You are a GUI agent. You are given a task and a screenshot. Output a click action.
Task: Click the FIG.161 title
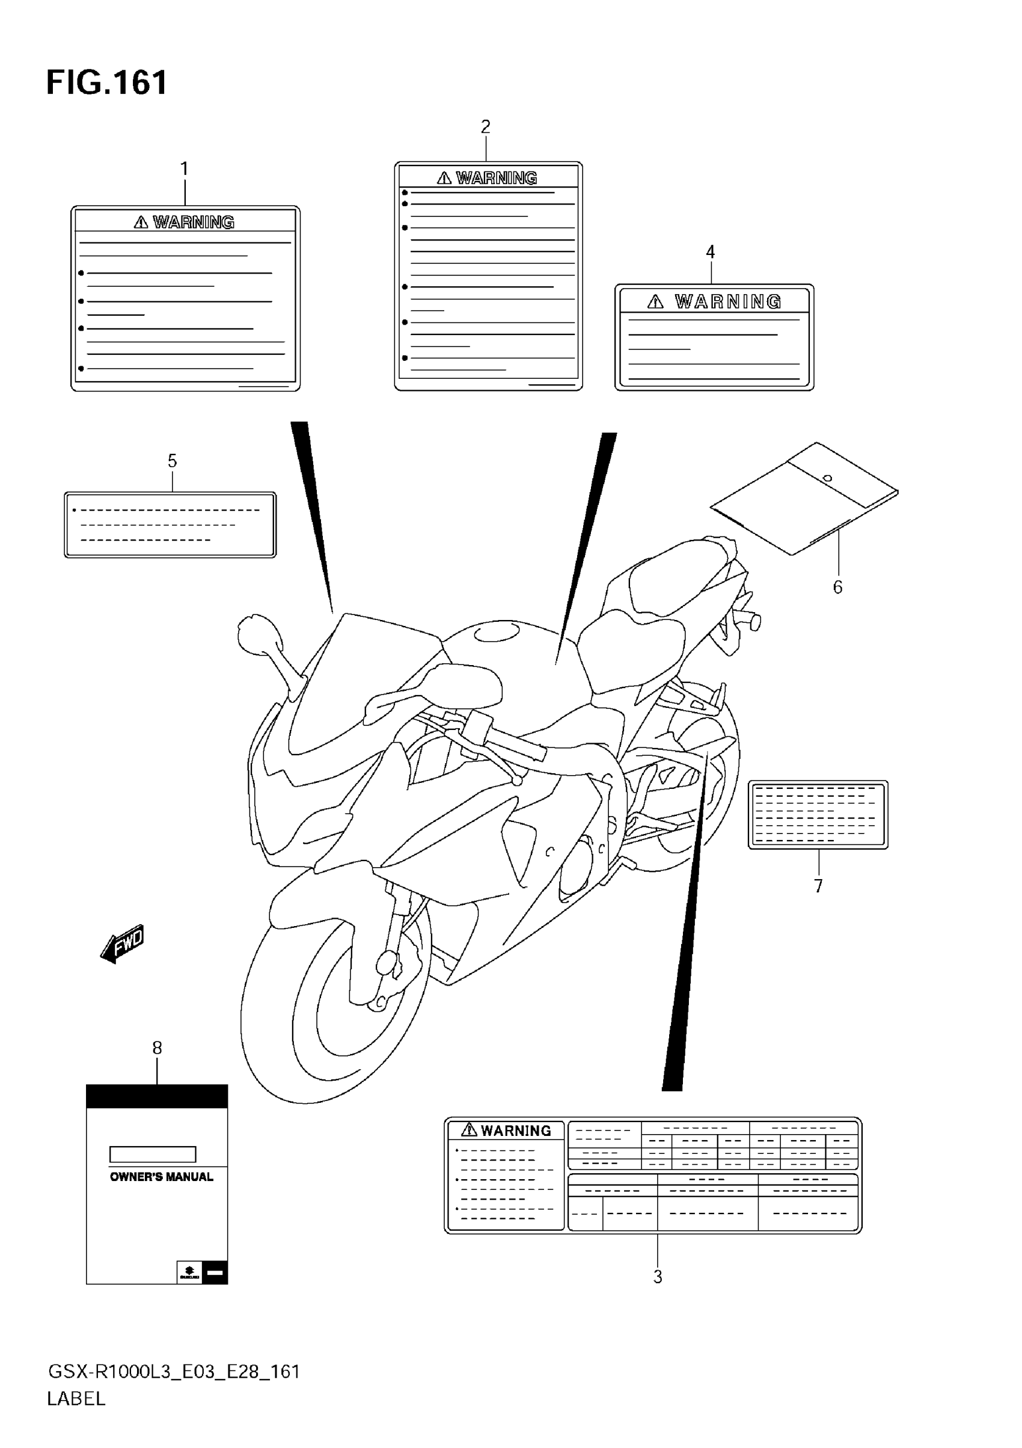106,82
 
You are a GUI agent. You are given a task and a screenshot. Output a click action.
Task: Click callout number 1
184,169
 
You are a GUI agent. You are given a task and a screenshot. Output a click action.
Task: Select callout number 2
486,127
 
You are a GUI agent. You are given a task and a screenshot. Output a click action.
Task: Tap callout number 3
658,1277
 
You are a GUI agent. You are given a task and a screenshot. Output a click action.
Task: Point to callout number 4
711,253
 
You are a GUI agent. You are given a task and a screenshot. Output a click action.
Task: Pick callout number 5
172,461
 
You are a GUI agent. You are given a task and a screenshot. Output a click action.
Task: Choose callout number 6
837,587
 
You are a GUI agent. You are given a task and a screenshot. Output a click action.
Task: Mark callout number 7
818,886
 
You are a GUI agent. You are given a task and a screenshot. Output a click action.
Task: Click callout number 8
157,1048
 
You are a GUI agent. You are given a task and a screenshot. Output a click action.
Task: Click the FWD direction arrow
123,944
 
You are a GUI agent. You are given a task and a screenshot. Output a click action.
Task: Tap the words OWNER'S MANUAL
161,1177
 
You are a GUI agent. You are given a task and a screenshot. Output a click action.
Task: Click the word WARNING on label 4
728,302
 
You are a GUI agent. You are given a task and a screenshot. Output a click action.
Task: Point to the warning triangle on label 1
141,222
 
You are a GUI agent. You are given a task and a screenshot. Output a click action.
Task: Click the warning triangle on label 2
444,179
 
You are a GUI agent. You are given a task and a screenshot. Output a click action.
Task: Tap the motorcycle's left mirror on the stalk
254,632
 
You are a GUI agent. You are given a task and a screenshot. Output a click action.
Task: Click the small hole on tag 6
828,478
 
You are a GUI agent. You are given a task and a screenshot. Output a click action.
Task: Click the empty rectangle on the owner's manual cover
153,1154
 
